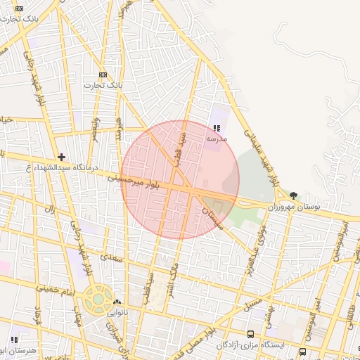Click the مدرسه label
tap(216, 139)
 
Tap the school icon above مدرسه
tap(216, 128)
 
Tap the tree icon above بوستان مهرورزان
tap(293, 196)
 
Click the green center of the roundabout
tap(97, 300)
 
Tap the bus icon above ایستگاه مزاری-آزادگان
tap(251, 334)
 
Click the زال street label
tap(50, 210)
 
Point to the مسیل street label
tap(253, 304)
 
